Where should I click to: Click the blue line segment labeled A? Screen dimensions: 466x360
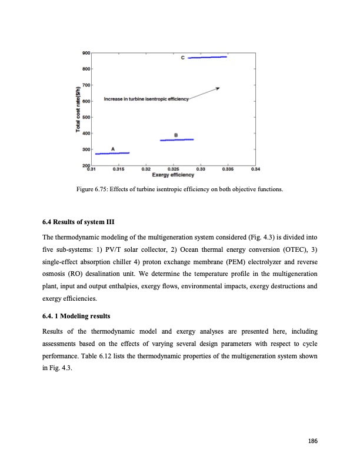[112, 153]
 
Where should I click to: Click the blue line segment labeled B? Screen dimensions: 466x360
[177, 140]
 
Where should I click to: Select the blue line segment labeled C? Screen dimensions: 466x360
[207, 58]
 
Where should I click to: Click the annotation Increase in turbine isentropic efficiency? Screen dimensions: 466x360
[146, 99]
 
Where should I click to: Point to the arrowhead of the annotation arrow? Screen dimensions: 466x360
[218, 88]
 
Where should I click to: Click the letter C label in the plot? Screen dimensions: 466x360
[182, 58]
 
